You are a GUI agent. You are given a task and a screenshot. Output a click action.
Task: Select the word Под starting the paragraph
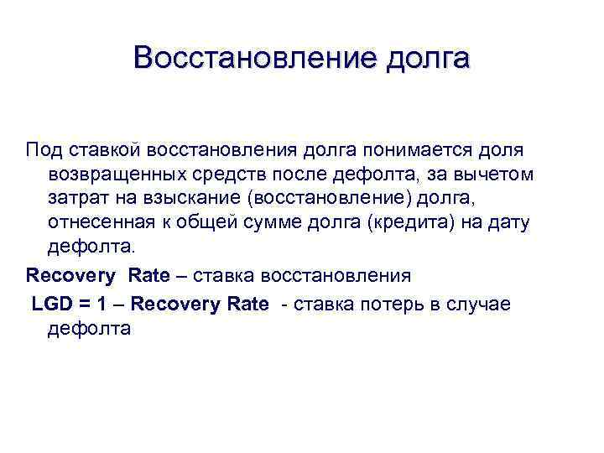tap(44, 149)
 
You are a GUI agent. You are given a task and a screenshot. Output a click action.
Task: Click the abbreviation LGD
tap(51, 303)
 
